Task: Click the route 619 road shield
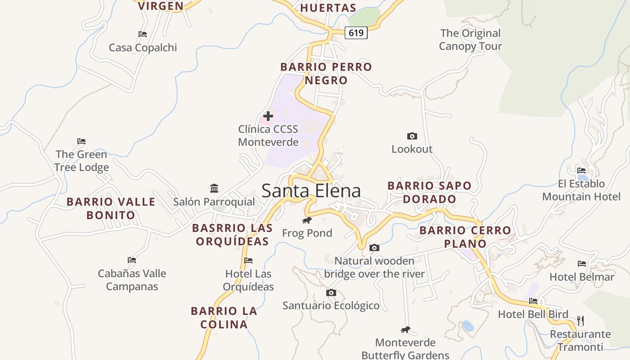point(356,32)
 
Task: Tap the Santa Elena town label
point(311,191)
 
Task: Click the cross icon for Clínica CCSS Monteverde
point(268,116)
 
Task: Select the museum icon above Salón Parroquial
point(214,188)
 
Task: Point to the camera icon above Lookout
point(412,136)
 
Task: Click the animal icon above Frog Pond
point(307,220)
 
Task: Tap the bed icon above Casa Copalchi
point(143,34)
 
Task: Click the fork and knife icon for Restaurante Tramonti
point(580,321)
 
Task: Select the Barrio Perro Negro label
point(326,73)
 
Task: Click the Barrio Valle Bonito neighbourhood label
point(111,208)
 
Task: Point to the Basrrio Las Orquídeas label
point(232,234)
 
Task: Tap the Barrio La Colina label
point(224,317)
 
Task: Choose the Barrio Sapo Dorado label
point(429,192)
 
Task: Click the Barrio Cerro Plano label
point(465,237)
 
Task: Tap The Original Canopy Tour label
point(470,40)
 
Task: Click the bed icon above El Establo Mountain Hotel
point(581,171)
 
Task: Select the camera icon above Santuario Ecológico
point(331,293)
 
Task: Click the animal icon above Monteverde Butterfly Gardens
point(405,330)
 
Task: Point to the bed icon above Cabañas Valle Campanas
point(132,260)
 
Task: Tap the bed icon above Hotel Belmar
point(582,264)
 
